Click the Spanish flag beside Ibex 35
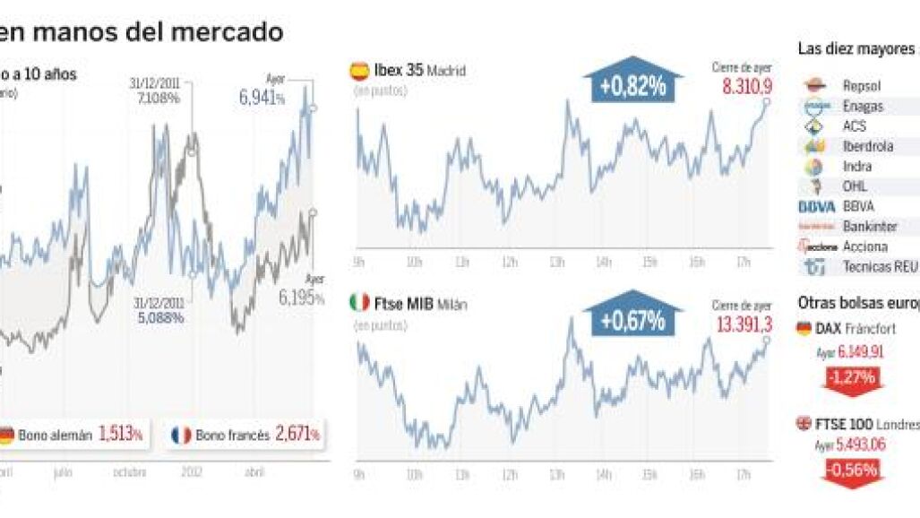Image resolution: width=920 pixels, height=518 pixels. [x=358, y=70]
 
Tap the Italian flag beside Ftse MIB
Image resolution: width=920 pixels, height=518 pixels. [x=358, y=303]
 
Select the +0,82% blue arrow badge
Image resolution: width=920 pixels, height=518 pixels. [x=632, y=85]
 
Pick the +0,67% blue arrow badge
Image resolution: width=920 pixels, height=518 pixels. [x=632, y=318]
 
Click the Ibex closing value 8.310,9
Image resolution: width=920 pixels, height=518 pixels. [x=746, y=86]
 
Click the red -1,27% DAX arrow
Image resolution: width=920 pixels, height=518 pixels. [x=851, y=376]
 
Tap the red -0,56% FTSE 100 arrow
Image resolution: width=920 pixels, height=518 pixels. [x=852, y=470]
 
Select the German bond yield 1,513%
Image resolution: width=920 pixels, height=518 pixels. [x=121, y=435]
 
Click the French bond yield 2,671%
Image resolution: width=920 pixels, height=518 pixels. [x=297, y=435]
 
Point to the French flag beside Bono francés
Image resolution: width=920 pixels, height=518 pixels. [x=181, y=436]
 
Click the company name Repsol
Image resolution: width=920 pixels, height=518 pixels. [x=862, y=86]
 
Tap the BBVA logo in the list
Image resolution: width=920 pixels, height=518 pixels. [x=815, y=206]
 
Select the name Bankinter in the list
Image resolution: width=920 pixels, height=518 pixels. [x=870, y=227]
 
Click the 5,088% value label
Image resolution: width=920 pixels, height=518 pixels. [x=161, y=317]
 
